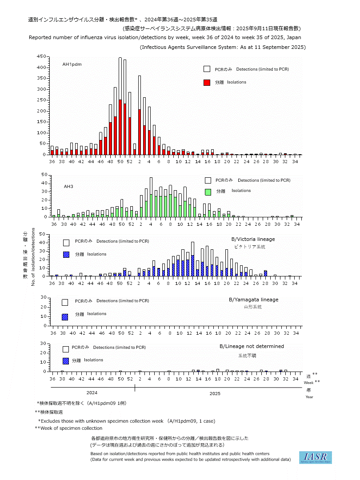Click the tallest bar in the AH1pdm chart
click(x=120, y=107)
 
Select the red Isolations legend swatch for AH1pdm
click(x=207, y=83)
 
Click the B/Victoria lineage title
click(x=253, y=239)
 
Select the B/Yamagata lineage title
click(x=253, y=300)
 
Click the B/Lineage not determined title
click(x=252, y=346)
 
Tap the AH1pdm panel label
click(x=72, y=64)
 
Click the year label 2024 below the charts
click(x=92, y=393)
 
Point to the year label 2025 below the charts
click(x=215, y=393)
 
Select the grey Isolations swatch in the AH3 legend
click(x=208, y=192)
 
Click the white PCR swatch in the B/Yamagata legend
click(x=65, y=302)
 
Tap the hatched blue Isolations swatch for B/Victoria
click(x=66, y=255)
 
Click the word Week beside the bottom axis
click(x=308, y=382)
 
